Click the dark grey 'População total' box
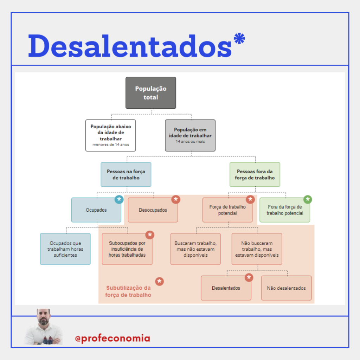(x=151, y=93)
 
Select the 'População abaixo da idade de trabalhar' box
(x=111, y=135)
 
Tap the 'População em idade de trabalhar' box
(x=190, y=135)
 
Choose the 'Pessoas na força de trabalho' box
(x=126, y=174)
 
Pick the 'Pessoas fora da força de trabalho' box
(x=255, y=174)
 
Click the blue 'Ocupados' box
(x=96, y=210)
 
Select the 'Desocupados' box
(x=153, y=210)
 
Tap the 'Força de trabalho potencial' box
(x=227, y=210)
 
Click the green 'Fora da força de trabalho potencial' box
(x=285, y=210)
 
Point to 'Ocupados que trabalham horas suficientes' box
(x=65, y=249)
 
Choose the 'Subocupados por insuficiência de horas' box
(x=127, y=249)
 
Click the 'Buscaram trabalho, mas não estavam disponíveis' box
(x=195, y=249)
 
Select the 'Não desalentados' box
(x=287, y=288)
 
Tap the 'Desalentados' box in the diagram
(x=226, y=288)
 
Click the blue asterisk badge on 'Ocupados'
(x=119, y=199)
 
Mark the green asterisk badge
(x=308, y=199)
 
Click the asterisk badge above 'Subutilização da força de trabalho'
(x=159, y=281)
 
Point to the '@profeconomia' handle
(x=112, y=339)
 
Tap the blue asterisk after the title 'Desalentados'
(x=239, y=38)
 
